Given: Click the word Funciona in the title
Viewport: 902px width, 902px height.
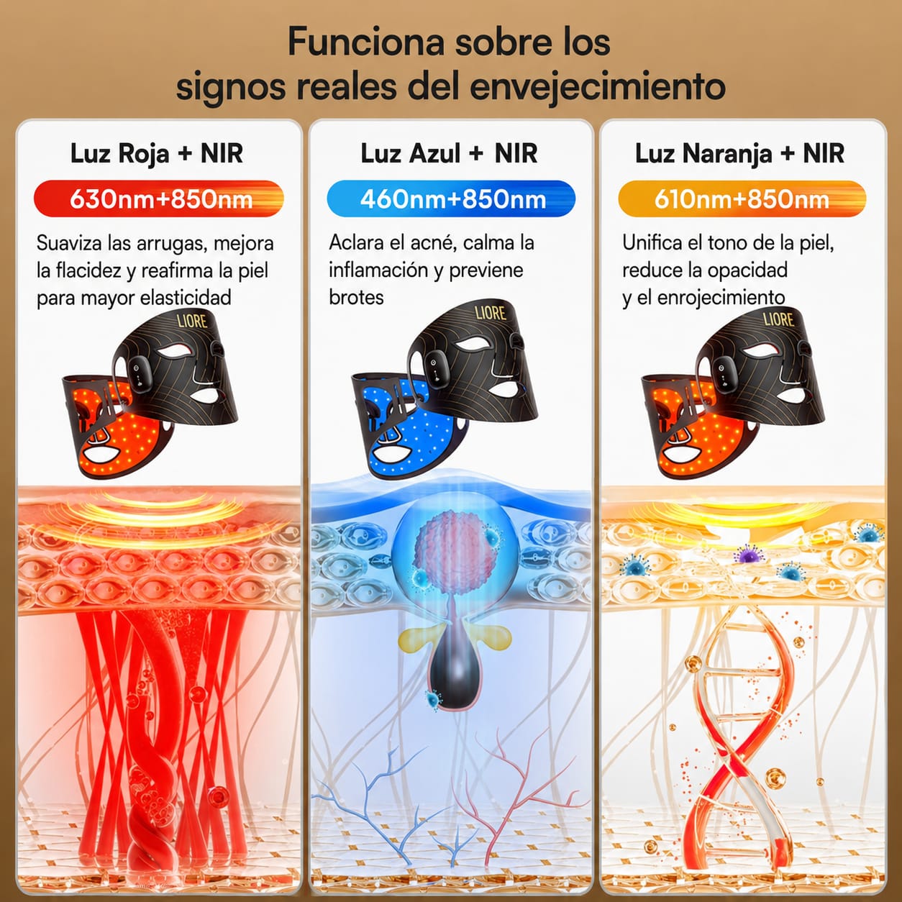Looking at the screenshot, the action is click(365, 42).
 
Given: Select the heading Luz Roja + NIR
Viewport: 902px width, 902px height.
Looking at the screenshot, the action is click(157, 153).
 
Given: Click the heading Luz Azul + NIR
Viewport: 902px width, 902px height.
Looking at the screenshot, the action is click(450, 153).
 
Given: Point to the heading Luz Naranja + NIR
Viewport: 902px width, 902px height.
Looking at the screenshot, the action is click(739, 153).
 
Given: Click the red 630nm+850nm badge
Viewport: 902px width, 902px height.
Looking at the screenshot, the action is click(159, 199).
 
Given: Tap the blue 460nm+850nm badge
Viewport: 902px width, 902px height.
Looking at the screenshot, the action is click(451, 199).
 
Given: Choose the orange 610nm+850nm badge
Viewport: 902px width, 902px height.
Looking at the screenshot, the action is click(742, 199).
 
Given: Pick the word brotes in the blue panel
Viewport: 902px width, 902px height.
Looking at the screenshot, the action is click(356, 297).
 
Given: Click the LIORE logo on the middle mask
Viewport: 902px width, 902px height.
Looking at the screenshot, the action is click(491, 313).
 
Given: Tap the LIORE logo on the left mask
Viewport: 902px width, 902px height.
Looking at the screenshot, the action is click(192, 321).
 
